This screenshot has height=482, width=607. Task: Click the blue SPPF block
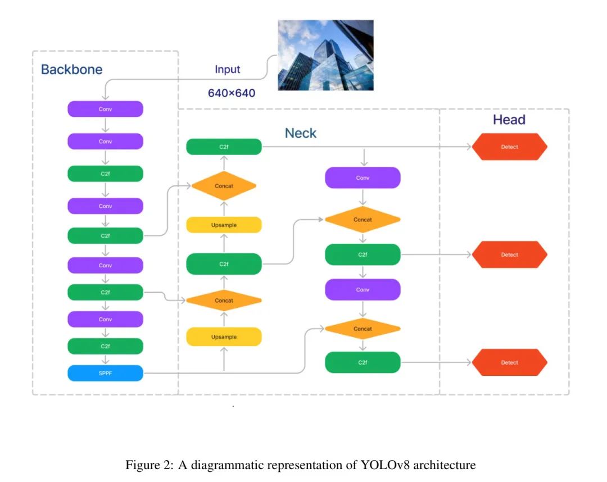[x=105, y=373]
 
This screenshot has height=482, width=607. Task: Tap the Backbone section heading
[x=71, y=70]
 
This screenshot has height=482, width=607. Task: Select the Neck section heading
[x=300, y=133]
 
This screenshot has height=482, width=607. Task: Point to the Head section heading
[x=509, y=120]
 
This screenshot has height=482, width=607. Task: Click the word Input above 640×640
[x=227, y=70]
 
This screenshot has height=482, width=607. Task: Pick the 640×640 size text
[x=231, y=93]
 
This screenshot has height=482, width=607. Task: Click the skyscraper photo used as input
[x=325, y=55]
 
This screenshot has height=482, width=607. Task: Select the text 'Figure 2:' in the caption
[x=150, y=465]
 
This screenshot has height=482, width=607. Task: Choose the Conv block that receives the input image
[x=105, y=109]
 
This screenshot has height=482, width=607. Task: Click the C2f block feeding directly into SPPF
[x=105, y=346]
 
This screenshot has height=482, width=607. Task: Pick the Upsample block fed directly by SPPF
[x=224, y=337]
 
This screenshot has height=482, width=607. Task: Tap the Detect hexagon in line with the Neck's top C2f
[x=509, y=147]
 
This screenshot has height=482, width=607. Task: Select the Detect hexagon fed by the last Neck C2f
[x=509, y=362]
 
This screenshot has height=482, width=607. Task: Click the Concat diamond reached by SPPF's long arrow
[x=363, y=329]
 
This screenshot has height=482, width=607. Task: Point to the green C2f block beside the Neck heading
[x=224, y=147]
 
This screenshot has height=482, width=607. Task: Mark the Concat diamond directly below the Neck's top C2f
[x=224, y=186]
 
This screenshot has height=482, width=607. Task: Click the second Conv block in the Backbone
[x=105, y=142]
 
